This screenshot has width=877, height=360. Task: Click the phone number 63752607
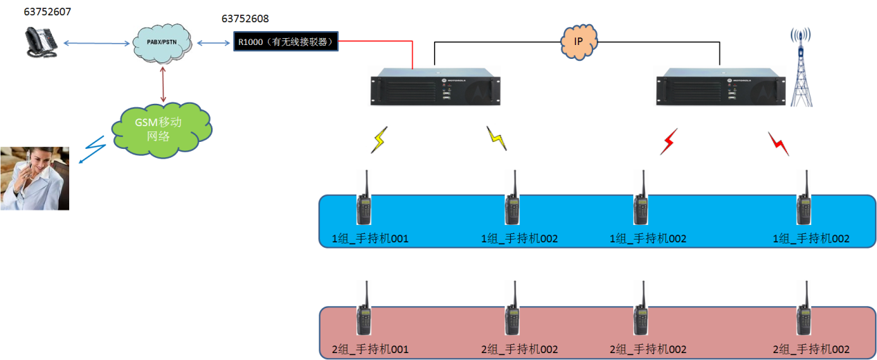[47, 12]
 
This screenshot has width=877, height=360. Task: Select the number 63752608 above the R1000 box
[245, 19]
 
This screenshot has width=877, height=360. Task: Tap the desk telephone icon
[41, 44]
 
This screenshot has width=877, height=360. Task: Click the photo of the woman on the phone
[35, 178]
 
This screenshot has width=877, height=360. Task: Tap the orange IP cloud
[579, 42]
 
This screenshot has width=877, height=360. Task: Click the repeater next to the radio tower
[721, 87]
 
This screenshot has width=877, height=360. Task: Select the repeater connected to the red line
[435, 87]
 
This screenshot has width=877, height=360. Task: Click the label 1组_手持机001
[370, 239]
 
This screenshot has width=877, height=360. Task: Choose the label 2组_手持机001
[370, 350]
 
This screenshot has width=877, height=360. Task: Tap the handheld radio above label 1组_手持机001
[364, 201]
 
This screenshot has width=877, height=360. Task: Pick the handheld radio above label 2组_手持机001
[364, 312]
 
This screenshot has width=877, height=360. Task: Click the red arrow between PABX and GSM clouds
[164, 86]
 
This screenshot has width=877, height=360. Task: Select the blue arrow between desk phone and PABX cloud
[97, 44]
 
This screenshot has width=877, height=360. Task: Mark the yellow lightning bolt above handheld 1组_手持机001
[379, 140]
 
